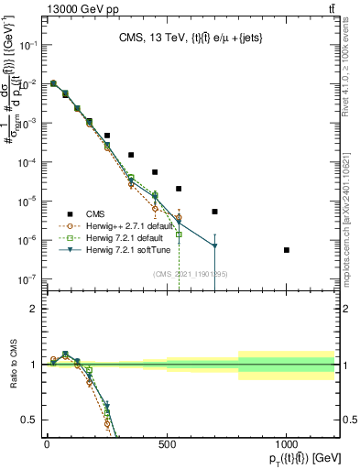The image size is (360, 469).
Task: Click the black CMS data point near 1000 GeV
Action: pyautogui.click(x=287, y=250)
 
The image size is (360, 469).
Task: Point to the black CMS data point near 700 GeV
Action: pyautogui.click(x=214, y=212)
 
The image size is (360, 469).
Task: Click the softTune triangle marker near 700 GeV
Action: pyautogui.click(x=214, y=246)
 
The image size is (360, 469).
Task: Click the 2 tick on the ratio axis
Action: pyautogui.click(x=35, y=309)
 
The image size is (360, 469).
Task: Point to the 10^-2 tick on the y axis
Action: pyautogui.click(x=28, y=83)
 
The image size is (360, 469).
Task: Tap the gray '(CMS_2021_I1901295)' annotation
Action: pyautogui.click(x=190, y=274)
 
